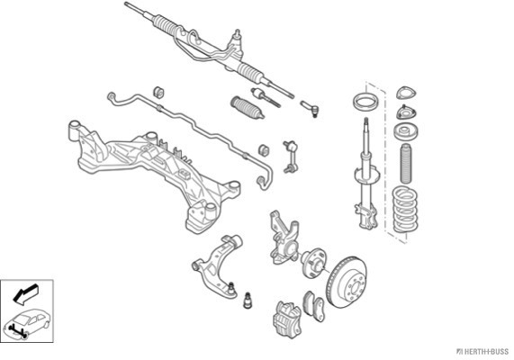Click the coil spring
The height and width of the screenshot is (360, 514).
(x=405, y=209)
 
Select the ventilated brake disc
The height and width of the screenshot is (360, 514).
(x=347, y=283)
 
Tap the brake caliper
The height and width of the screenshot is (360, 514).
(x=287, y=319)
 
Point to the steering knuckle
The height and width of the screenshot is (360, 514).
(x=284, y=238)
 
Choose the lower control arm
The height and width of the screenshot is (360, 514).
(x=218, y=265)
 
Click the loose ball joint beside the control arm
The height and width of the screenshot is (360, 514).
(x=248, y=300)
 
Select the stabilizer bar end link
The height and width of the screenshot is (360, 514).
(x=291, y=157)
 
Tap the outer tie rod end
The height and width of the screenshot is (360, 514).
(x=310, y=109)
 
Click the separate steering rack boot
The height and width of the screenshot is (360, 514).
(x=248, y=107)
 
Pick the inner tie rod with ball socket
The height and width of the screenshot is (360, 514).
(x=266, y=97)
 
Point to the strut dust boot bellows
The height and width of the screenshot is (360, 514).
(x=406, y=163)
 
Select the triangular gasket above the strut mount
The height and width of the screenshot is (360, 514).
(x=406, y=93)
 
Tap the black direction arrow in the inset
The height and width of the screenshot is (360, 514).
(x=25, y=293)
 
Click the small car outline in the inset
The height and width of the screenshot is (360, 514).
(x=26, y=323)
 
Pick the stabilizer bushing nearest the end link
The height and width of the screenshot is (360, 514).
(x=264, y=149)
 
